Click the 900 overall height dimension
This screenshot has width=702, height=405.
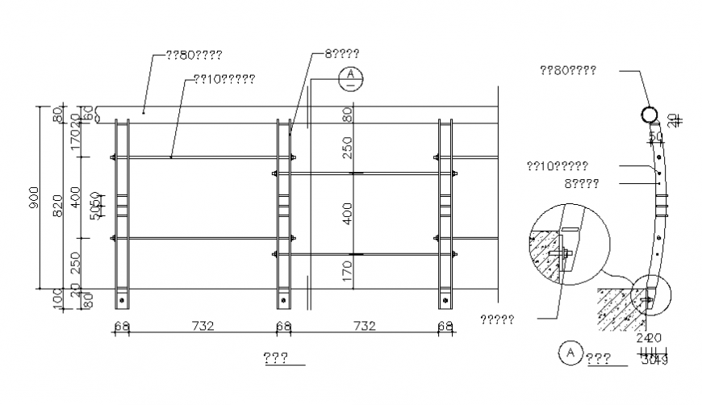point(34,198)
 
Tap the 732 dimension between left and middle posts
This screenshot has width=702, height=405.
point(203,326)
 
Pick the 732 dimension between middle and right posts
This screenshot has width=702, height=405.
point(364,326)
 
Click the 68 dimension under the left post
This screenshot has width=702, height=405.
point(123,326)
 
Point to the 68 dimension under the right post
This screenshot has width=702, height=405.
point(445,326)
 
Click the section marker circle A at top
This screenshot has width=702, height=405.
point(351,77)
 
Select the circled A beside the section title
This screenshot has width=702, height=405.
point(570,353)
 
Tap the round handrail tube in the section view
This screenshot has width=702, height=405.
point(649,115)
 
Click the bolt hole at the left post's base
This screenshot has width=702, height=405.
point(122,300)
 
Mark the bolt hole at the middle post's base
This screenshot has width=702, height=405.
point(283,300)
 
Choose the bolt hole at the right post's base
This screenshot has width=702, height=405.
point(445,300)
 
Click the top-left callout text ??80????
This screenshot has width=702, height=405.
point(194,55)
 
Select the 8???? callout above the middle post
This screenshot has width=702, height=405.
point(342,53)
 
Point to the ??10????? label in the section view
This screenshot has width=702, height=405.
point(557,166)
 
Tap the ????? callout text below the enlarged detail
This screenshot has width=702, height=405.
point(497,318)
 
